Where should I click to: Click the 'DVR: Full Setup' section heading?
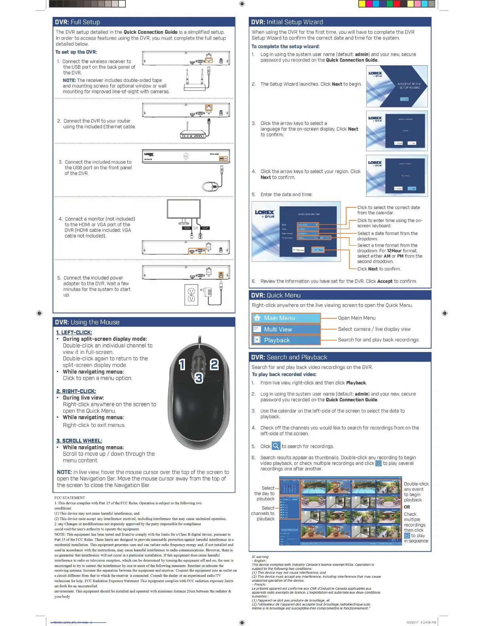pyautogui.click(x=78, y=22)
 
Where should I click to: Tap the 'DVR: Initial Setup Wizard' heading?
pyautogui.click(x=287, y=22)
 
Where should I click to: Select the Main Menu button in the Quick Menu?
pyautogui.click(x=286, y=318)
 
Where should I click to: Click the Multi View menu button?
pyautogui.click(x=286, y=329)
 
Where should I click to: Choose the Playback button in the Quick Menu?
pyautogui.click(x=286, y=340)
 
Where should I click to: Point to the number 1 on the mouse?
pyautogui.click(x=182, y=365)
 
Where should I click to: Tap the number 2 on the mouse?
pyautogui.click(x=214, y=364)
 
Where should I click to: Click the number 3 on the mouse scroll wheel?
pyautogui.click(x=199, y=378)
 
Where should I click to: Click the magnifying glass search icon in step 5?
pyautogui.click(x=276, y=446)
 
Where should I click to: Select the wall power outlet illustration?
pyautogui.click(x=191, y=295)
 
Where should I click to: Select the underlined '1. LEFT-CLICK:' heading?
pyautogui.click(x=74, y=332)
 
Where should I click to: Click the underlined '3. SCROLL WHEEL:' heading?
pyautogui.click(x=79, y=441)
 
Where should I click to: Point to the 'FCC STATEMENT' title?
pyautogui.click(x=70, y=498)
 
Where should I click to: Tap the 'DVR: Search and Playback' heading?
pyautogui.click(x=289, y=357)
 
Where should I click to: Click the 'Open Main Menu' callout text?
pyautogui.click(x=357, y=318)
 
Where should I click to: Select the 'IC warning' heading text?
pyautogui.click(x=260, y=557)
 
